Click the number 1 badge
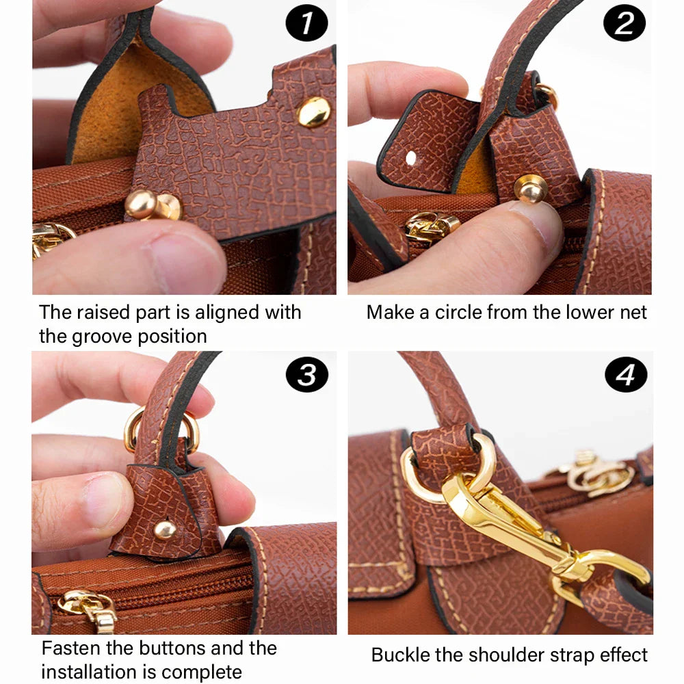(x=306, y=24)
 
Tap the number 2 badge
(x=624, y=24)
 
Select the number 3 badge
(x=306, y=375)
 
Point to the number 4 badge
(x=625, y=374)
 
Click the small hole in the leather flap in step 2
(x=410, y=158)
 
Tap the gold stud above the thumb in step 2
(x=530, y=188)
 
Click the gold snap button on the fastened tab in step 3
(x=164, y=529)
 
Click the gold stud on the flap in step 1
(x=314, y=111)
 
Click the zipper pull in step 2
(x=430, y=226)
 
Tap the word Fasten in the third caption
(x=73, y=648)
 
